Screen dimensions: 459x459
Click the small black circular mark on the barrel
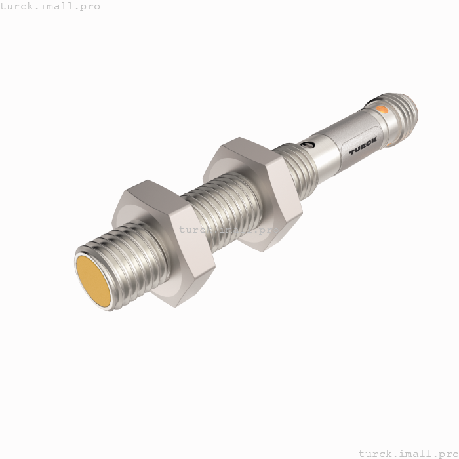[306, 144]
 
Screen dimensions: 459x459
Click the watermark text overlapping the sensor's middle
[229, 229]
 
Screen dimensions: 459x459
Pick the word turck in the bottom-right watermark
[376, 452]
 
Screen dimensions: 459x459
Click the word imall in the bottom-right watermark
[416, 452]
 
